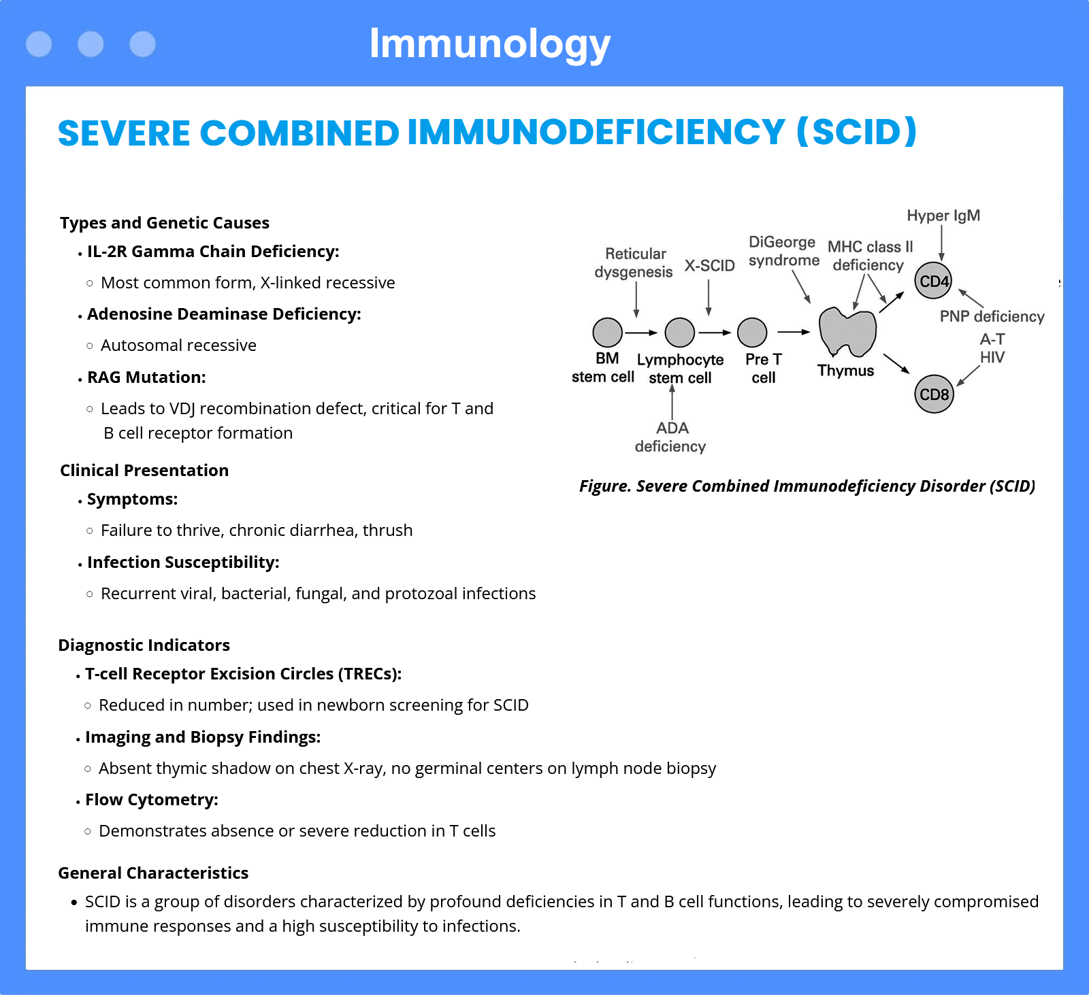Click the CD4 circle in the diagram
934,281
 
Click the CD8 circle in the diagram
934,394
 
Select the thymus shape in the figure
847,332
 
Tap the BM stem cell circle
608,333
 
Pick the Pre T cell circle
752,333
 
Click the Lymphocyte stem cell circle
680,333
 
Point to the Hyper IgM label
943,216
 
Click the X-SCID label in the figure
710,265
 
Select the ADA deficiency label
670,437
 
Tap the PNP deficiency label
992,316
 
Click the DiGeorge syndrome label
783,251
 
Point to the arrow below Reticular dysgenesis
636,299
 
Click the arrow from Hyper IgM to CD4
942,243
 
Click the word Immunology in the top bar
490,44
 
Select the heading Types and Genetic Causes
165,222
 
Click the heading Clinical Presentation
144,470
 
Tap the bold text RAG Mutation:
146,377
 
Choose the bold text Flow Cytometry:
152,800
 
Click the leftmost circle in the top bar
39,44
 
